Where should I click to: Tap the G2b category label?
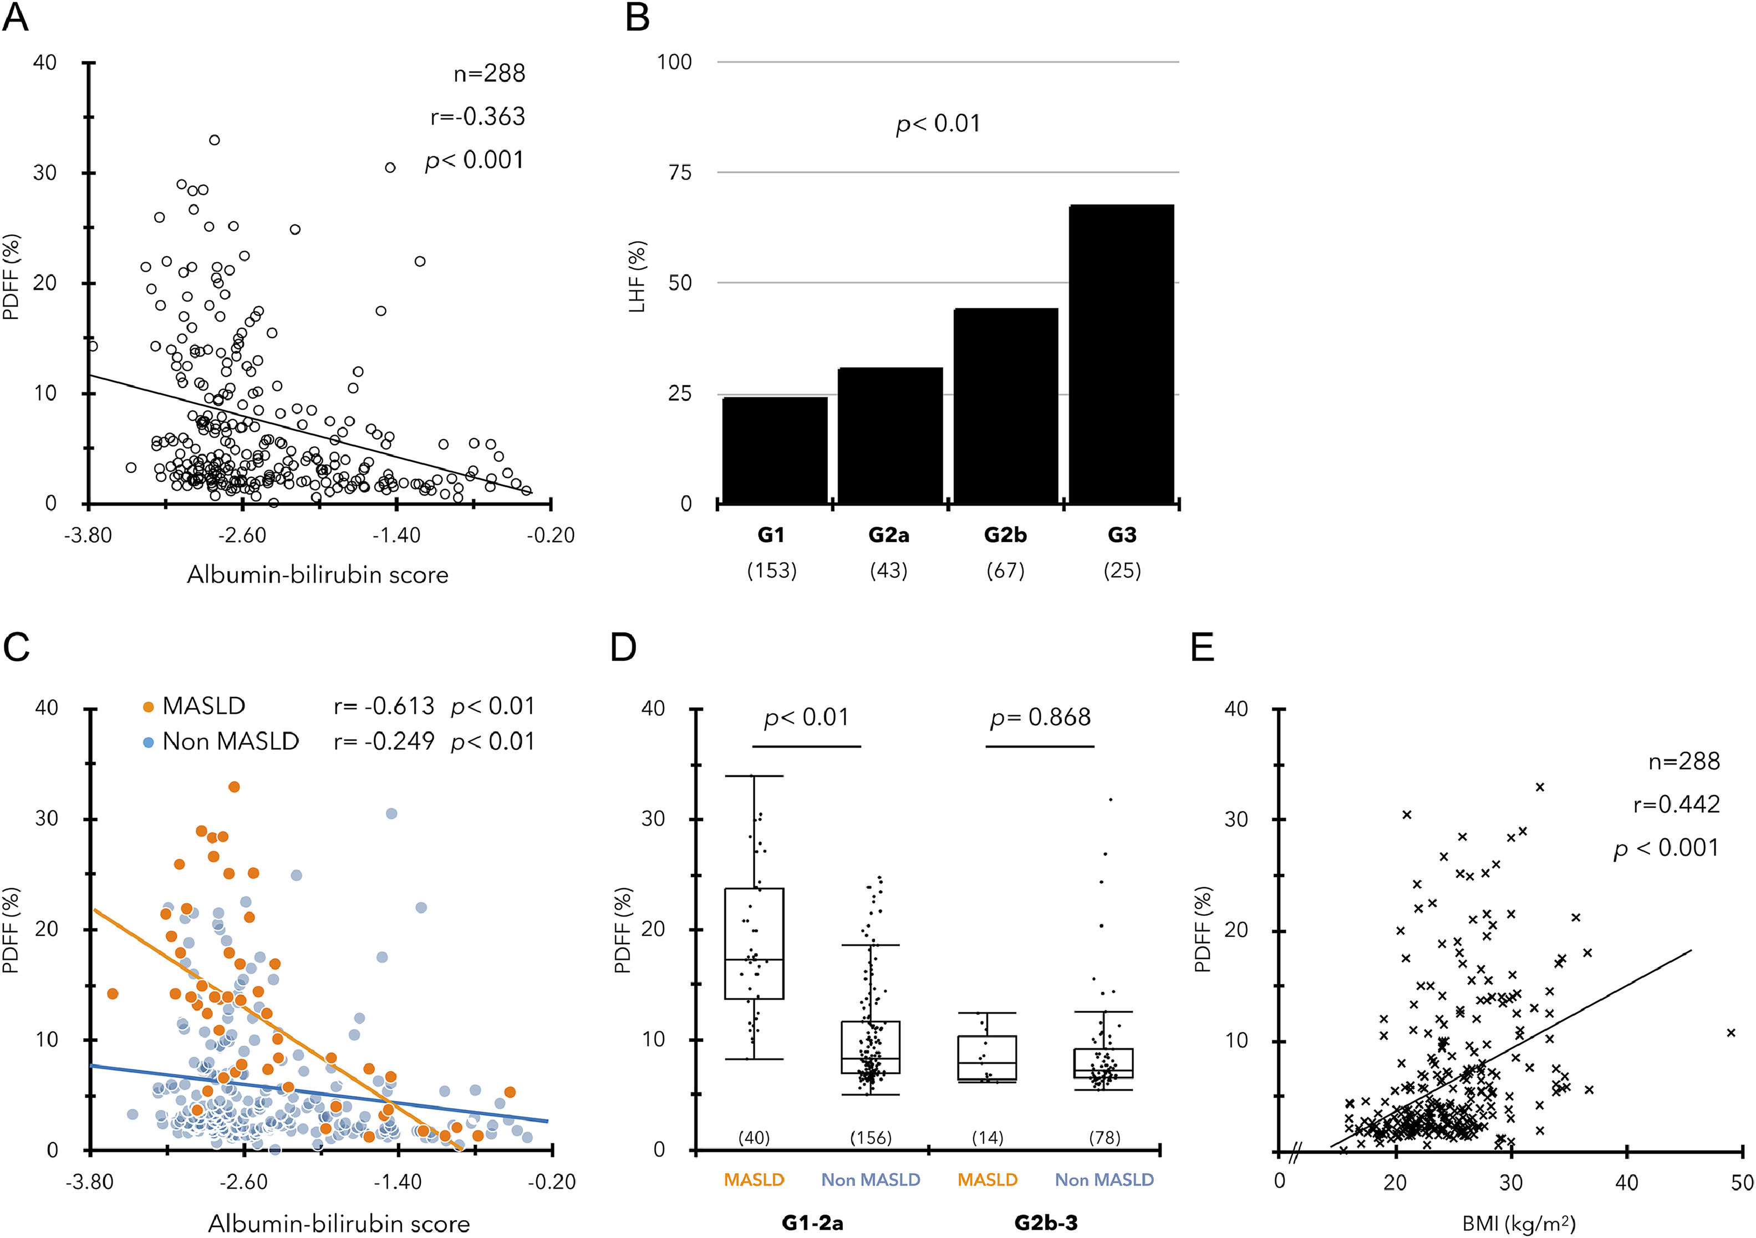pos(1005,535)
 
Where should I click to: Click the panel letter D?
pos(623,648)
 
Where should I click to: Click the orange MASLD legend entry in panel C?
pos(203,706)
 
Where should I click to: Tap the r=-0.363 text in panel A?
pos(477,116)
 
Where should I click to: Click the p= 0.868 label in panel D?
pos(1040,717)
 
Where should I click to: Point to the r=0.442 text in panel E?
pos(1676,804)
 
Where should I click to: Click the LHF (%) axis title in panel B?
pos(637,277)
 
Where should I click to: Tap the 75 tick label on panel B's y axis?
pos(679,173)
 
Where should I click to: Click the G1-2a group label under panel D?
pos(812,1222)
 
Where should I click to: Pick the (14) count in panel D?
pos(988,1138)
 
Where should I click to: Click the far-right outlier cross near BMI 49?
pos(1730,1032)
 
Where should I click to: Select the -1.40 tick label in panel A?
pos(396,535)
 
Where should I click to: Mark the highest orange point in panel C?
pos(234,787)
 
